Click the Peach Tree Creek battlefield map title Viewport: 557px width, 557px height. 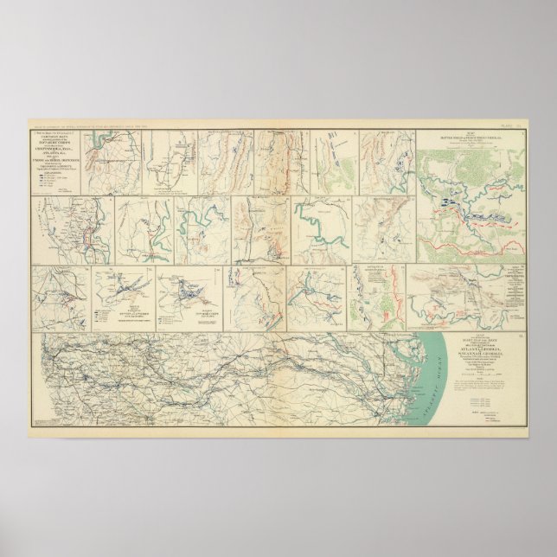tap(471, 138)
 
